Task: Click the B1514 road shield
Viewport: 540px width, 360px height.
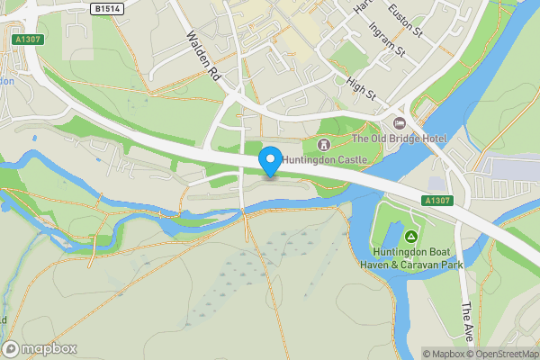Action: coord(106,8)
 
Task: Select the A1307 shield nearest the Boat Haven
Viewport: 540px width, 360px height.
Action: coord(436,202)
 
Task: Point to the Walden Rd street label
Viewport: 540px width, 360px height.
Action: coord(203,58)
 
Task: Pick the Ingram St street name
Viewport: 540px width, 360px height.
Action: coord(388,42)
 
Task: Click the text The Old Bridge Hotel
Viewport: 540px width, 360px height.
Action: coord(398,139)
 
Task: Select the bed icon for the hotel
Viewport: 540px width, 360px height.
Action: coord(400,122)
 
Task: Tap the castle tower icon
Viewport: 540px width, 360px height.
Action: coord(324,144)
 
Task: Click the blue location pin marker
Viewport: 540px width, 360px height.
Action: coord(269,160)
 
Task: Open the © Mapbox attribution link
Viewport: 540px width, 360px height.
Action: coord(445,354)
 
